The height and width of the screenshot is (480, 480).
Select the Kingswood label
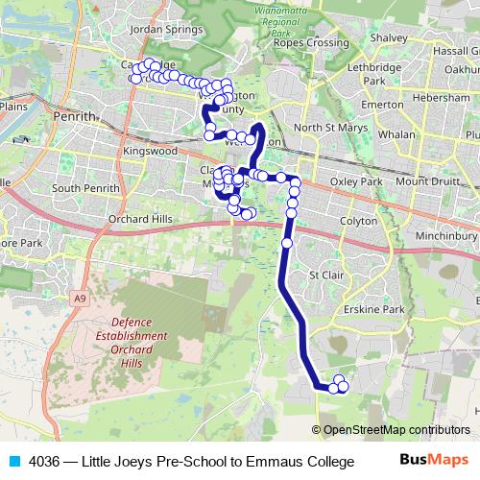152,152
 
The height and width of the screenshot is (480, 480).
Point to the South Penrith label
86,188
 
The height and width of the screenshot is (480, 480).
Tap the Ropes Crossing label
310,42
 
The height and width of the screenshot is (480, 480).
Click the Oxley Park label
356,181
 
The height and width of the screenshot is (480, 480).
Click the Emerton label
382,105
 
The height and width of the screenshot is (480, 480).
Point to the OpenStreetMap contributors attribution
391,430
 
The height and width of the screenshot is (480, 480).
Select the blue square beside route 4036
13,461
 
